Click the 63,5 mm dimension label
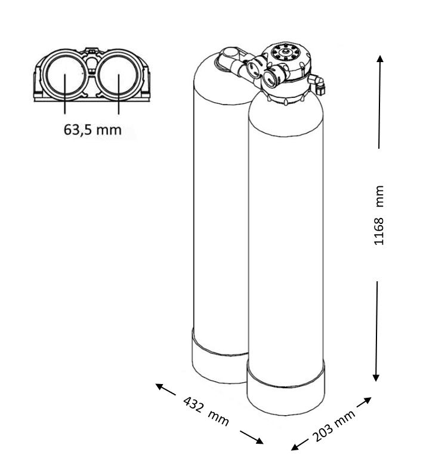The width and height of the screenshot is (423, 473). click(x=92, y=130)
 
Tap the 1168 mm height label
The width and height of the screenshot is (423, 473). click(x=379, y=216)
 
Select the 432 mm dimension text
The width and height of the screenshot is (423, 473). click(x=206, y=411)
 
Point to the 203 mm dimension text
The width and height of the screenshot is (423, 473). click(x=334, y=425)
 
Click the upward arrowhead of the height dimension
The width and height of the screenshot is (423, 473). click(x=381, y=59)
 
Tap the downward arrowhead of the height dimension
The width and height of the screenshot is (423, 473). click(x=376, y=377)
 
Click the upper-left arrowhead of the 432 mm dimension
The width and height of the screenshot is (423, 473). click(x=159, y=386)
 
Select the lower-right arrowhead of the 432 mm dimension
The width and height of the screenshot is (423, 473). click(x=260, y=441)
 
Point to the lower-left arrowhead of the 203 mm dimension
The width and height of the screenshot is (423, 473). click(x=295, y=447)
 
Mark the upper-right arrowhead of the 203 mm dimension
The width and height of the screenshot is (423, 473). click(x=368, y=400)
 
